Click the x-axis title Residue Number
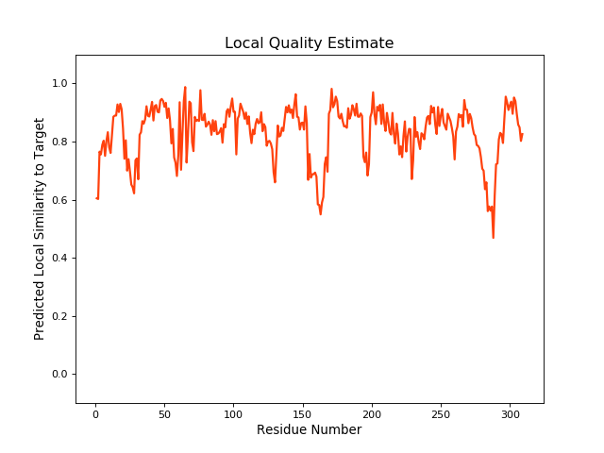coord(309,430)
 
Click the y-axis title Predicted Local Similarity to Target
coord(40,229)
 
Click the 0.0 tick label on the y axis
coord(59,375)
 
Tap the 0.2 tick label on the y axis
coord(59,316)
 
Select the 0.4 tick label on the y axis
coord(59,259)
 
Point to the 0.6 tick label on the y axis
coord(59,200)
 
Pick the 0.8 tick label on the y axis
coord(59,143)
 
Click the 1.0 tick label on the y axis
coord(59,84)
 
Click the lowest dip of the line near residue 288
coord(493,237)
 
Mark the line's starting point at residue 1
coord(96,198)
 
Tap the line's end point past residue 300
coord(522,134)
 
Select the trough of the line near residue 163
coord(320,214)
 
